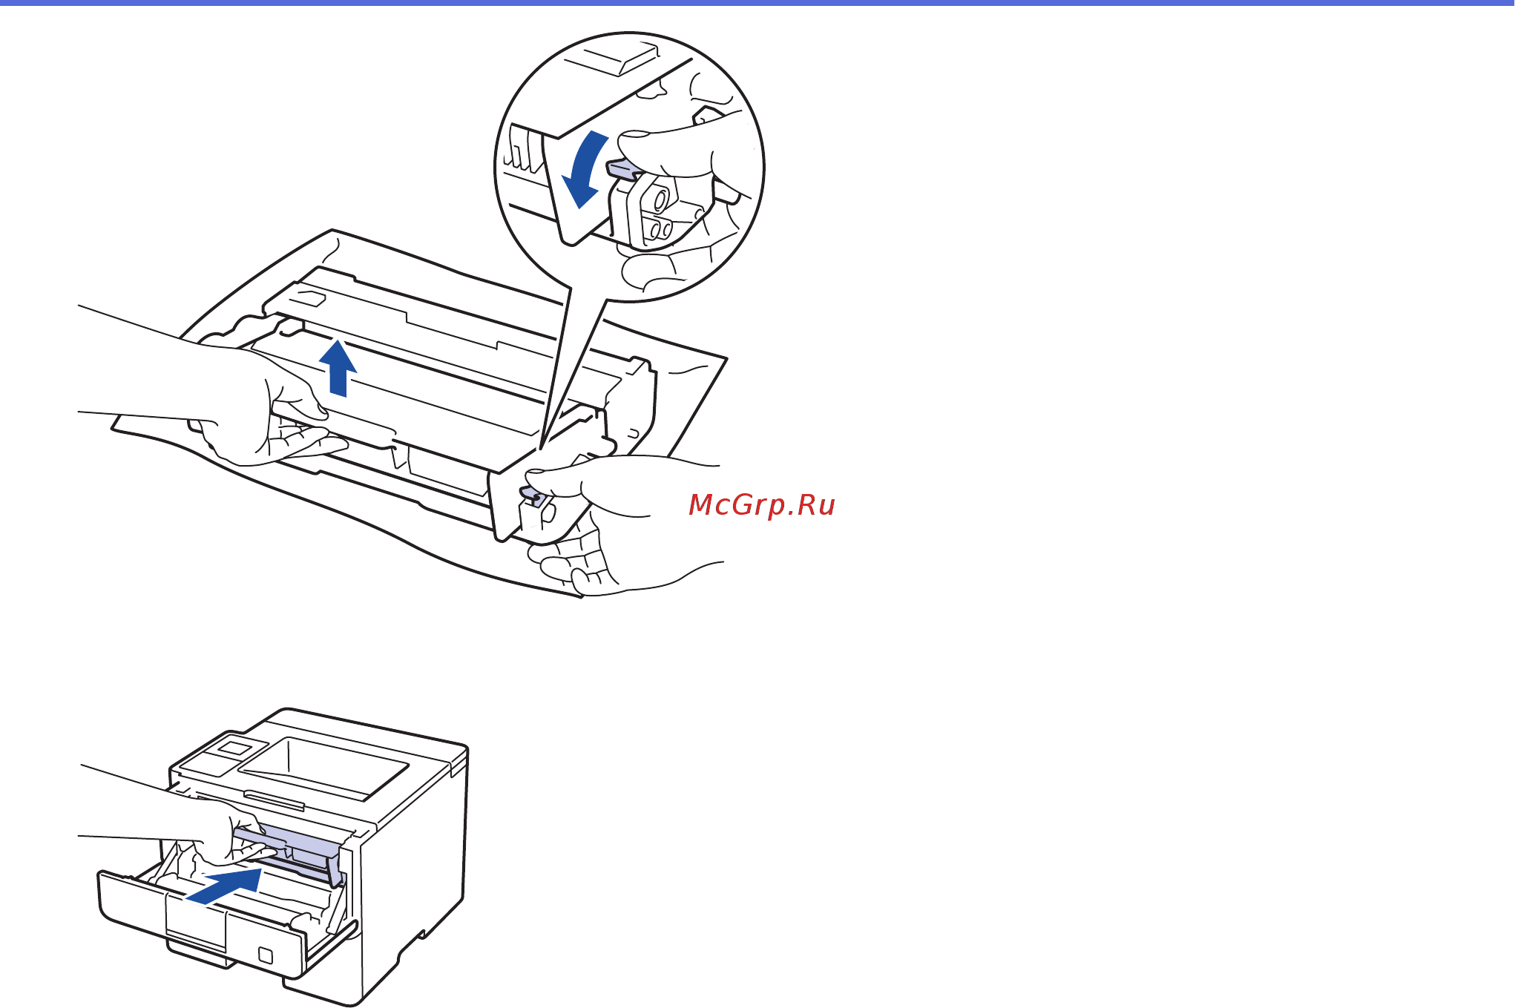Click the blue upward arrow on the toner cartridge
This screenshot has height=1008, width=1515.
tap(338, 368)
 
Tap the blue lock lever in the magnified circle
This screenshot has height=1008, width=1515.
tap(622, 170)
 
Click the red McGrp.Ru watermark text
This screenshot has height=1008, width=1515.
tap(762, 505)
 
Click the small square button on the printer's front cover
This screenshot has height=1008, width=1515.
tap(266, 955)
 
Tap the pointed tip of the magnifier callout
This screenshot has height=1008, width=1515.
tap(541, 447)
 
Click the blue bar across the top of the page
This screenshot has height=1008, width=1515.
tap(757, 3)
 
